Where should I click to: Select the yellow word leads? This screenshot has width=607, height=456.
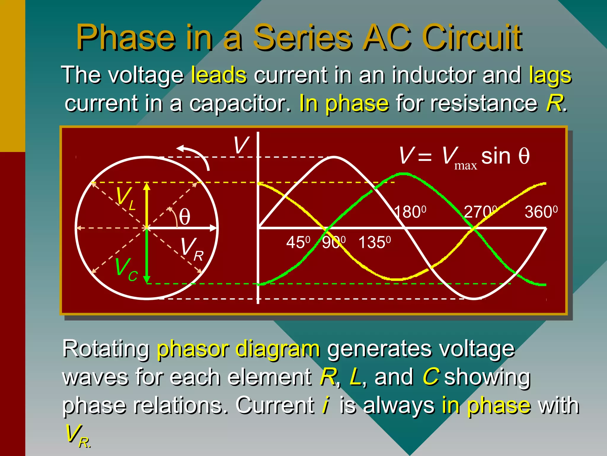[x=219, y=75]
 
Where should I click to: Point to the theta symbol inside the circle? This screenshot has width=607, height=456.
[x=184, y=217]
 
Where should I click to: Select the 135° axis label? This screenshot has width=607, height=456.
[x=374, y=243]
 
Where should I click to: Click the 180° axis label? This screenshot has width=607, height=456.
[x=410, y=212]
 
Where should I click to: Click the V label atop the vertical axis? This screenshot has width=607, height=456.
[x=241, y=145]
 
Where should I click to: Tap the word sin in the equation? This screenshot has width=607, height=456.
[x=496, y=156]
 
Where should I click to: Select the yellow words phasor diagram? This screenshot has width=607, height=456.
[x=238, y=349]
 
